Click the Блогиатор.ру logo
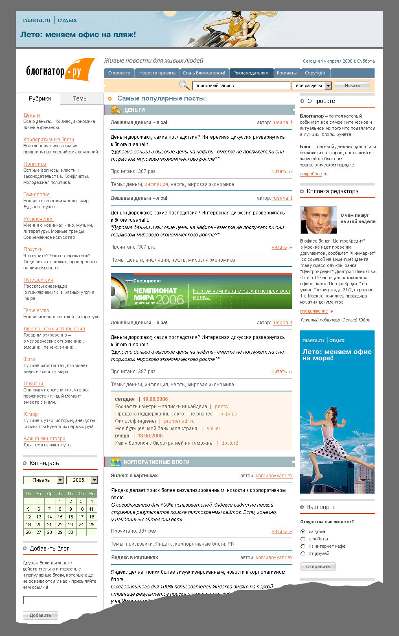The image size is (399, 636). [60, 70]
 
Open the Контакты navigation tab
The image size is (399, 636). [287, 73]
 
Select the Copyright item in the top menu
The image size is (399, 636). [315, 73]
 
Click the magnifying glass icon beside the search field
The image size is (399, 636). [184, 85]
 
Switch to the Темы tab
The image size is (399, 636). [80, 98]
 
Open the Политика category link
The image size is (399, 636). [35, 164]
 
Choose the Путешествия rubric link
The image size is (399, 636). [38, 280]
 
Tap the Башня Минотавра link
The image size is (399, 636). [44, 439]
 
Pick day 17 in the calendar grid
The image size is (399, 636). [81, 517]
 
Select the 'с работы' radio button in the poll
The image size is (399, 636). [303, 539]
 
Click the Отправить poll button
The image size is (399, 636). [318, 566]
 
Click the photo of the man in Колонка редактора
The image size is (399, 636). [318, 220]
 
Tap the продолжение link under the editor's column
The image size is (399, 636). [314, 311]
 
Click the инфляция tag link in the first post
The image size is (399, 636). [156, 184]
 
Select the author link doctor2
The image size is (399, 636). [230, 443]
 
